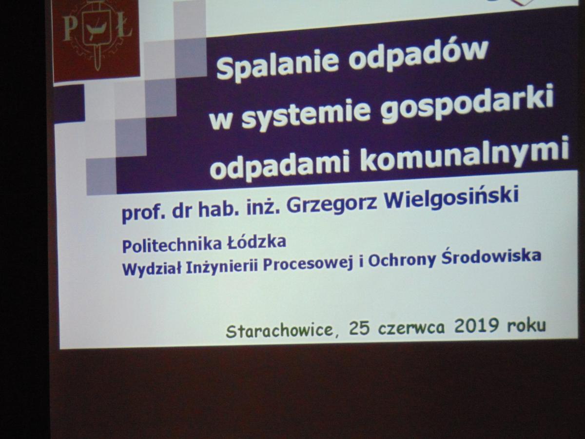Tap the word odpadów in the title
click(419, 56)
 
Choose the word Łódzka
click(256, 242)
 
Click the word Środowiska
click(491, 258)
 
